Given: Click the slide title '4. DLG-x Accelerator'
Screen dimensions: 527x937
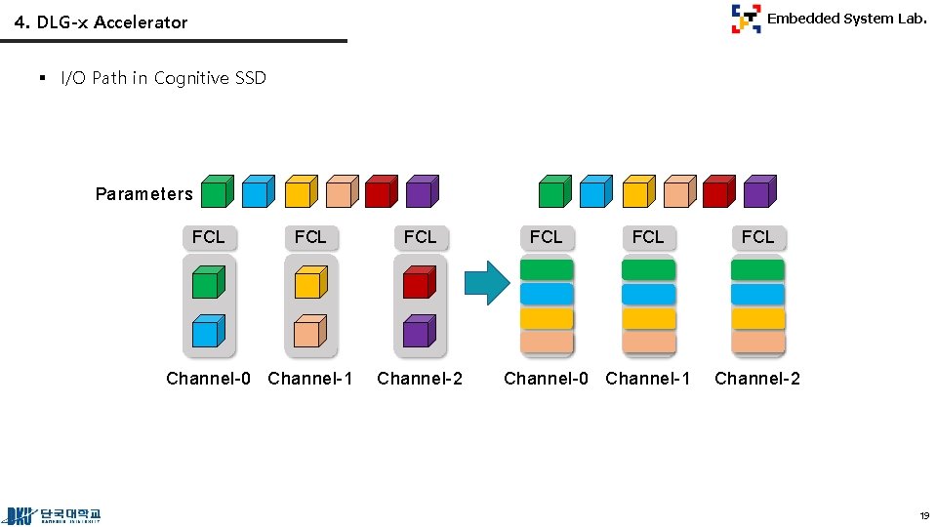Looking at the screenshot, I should (102, 22).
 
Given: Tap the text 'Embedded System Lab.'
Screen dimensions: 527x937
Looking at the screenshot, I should (846, 19).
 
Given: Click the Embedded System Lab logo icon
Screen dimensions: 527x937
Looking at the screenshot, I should (746, 19).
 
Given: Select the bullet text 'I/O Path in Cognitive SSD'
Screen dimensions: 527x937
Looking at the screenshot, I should (163, 78).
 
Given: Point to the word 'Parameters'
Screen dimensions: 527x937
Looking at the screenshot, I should (144, 194).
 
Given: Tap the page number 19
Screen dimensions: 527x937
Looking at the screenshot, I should (922, 515).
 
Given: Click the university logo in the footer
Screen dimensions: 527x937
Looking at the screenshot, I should (55, 514).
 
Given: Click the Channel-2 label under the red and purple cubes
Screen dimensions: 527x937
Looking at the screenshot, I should (420, 379).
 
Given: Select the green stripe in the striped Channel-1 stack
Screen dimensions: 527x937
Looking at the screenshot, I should (648, 270).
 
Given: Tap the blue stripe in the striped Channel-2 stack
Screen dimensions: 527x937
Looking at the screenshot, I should (757, 295).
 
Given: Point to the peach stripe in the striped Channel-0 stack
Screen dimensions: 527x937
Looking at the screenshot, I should (547, 343).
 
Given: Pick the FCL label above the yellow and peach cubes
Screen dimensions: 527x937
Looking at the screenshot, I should (310, 237).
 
